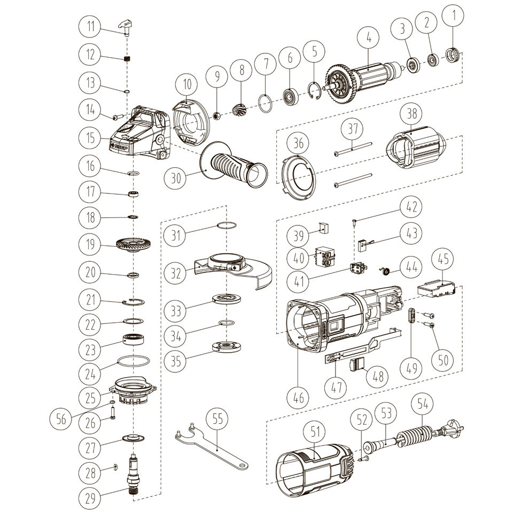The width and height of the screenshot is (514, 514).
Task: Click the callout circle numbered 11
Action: coord(90,26)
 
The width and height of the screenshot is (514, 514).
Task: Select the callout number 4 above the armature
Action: coord(369,37)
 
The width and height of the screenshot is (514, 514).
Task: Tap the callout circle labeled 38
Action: coord(414,113)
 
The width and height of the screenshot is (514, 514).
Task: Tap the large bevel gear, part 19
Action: coord(133,245)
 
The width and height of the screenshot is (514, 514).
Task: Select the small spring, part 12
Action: coord(127,59)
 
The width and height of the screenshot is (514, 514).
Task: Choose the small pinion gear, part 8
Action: coord(239,110)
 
